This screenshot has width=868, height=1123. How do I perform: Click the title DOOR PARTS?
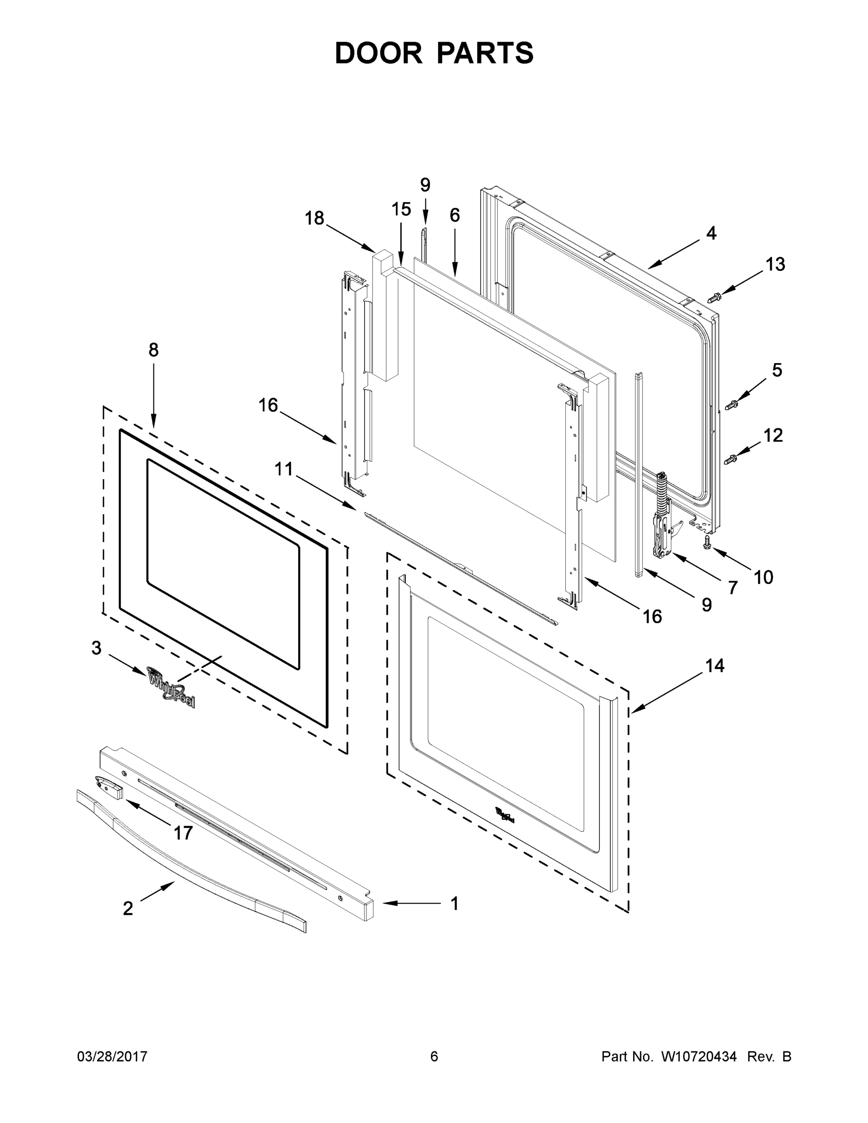pos(434,53)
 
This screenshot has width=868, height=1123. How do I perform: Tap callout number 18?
pos(314,218)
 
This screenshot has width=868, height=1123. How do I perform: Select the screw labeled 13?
pos(714,297)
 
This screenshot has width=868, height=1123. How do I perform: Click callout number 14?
pos(715,666)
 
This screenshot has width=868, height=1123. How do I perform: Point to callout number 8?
pos(153,350)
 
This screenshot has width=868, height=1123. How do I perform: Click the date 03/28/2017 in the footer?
pos(112,1056)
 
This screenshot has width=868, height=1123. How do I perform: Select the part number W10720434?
pos(698,1056)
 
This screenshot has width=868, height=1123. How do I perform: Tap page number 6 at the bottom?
pos(434,1056)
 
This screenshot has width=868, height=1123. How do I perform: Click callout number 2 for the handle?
pos(128,909)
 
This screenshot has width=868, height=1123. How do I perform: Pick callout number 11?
pos(284,469)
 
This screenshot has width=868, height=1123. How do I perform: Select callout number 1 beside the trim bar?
pos(454,904)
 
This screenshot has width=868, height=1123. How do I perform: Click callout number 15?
pos(401,209)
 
